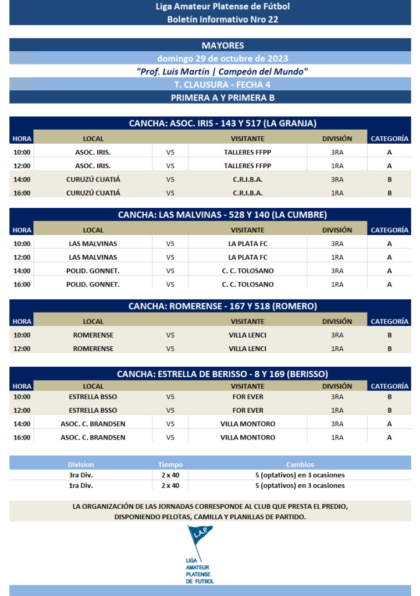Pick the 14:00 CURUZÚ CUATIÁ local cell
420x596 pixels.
click(x=93, y=179)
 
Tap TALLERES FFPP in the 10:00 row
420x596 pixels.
click(x=247, y=152)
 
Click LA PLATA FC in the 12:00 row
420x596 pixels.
click(x=247, y=257)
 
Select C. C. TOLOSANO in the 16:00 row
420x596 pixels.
click(x=247, y=285)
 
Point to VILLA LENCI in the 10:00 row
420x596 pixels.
click(x=247, y=335)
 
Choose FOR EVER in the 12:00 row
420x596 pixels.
click(x=247, y=410)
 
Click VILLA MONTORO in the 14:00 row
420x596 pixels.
click(x=247, y=424)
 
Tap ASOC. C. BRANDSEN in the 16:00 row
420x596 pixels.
click(x=93, y=438)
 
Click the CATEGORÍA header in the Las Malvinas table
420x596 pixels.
click(x=389, y=230)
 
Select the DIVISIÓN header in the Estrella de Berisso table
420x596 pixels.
click(x=337, y=386)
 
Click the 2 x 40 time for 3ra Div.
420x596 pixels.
click(x=170, y=475)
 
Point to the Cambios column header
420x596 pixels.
click(x=300, y=464)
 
